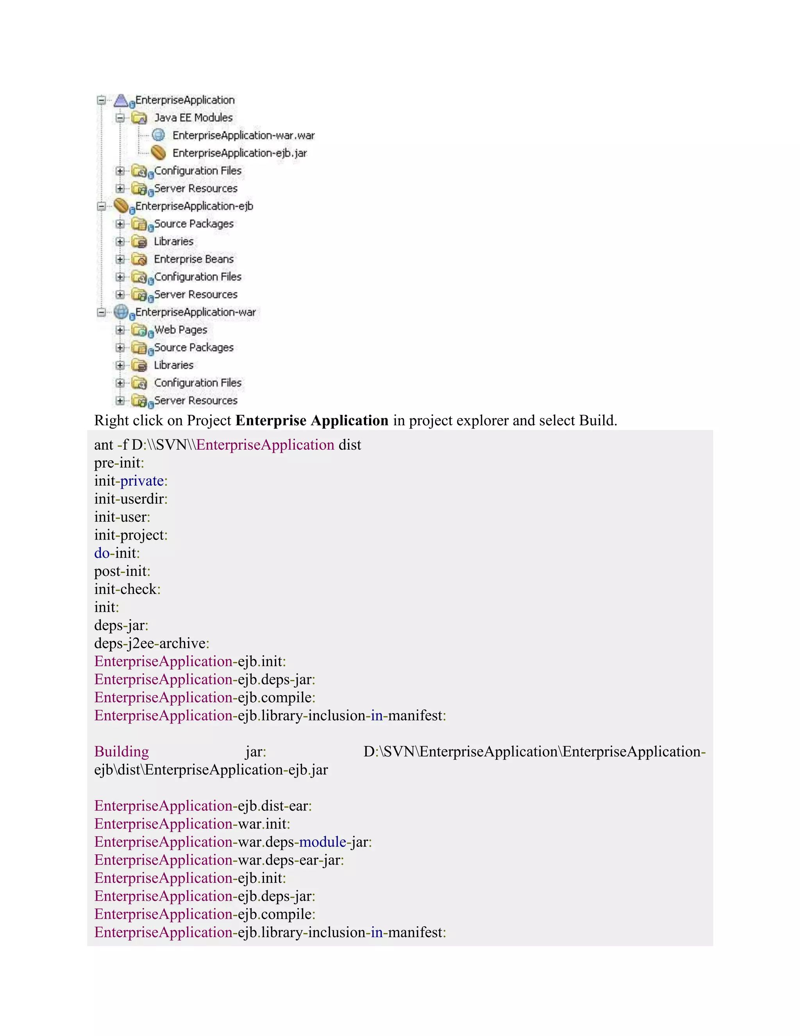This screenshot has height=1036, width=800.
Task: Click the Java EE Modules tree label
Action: pyautogui.click(x=193, y=118)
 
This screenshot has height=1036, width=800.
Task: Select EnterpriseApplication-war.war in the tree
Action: pyautogui.click(x=243, y=136)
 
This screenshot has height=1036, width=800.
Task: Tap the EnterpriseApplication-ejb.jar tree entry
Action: pyautogui.click(x=239, y=153)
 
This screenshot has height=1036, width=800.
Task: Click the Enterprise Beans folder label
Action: pyautogui.click(x=193, y=259)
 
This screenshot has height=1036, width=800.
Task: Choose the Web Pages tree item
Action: pyautogui.click(x=180, y=330)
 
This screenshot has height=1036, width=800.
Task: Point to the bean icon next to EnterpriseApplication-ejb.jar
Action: pyautogui.click(x=158, y=153)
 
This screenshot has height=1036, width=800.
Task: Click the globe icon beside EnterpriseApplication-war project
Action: pyautogui.click(x=121, y=312)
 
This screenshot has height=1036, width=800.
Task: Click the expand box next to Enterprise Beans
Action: pyautogui.click(x=120, y=259)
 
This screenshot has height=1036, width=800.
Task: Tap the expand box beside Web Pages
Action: pyautogui.click(x=120, y=330)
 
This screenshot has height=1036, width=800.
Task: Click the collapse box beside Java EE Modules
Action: pyautogui.click(x=120, y=118)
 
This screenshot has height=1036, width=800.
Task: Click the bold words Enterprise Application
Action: pyautogui.click(x=312, y=421)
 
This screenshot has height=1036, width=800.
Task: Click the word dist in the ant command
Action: pyautogui.click(x=350, y=445)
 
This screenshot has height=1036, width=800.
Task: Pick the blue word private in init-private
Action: pyautogui.click(x=142, y=481)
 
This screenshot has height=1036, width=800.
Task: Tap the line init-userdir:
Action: pyautogui.click(x=131, y=499)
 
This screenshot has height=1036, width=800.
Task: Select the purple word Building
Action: pyautogui.click(x=121, y=751)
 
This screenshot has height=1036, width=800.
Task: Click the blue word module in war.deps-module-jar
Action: pyautogui.click(x=322, y=842)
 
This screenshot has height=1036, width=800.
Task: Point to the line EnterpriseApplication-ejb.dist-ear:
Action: pyautogui.click(x=203, y=806)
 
